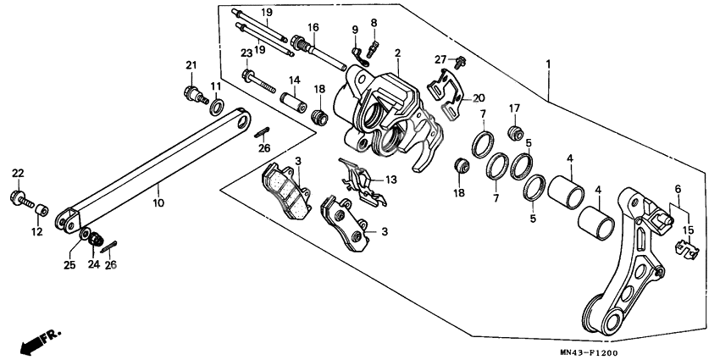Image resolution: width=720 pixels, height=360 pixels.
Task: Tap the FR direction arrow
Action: pyautogui.click(x=38, y=341)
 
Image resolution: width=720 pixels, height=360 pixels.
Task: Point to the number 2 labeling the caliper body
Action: pyautogui.click(x=397, y=53)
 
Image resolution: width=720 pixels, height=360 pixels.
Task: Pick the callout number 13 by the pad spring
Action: pyautogui.click(x=390, y=180)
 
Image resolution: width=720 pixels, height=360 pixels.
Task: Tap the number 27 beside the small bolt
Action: pyautogui.click(x=440, y=58)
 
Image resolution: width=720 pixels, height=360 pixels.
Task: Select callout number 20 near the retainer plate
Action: pyautogui.click(x=479, y=97)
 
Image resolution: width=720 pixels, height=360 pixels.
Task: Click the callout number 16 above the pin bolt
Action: pyautogui.click(x=313, y=27)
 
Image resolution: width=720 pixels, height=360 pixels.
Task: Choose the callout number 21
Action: pyautogui.click(x=191, y=66)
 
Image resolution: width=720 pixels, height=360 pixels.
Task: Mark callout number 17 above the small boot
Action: pyautogui.click(x=513, y=108)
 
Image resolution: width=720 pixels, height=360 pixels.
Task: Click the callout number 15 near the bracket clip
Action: pyautogui.click(x=689, y=230)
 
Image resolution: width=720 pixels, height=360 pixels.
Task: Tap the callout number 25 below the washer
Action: pyautogui.click(x=70, y=265)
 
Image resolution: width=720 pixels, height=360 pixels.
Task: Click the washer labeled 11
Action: pyautogui.click(x=217, y=106)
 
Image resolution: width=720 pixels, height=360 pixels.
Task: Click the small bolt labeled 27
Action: pyautogui.click(x=458, y=61)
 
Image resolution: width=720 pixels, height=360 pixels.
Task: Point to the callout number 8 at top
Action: pyautogui.click(x=374, y=22)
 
